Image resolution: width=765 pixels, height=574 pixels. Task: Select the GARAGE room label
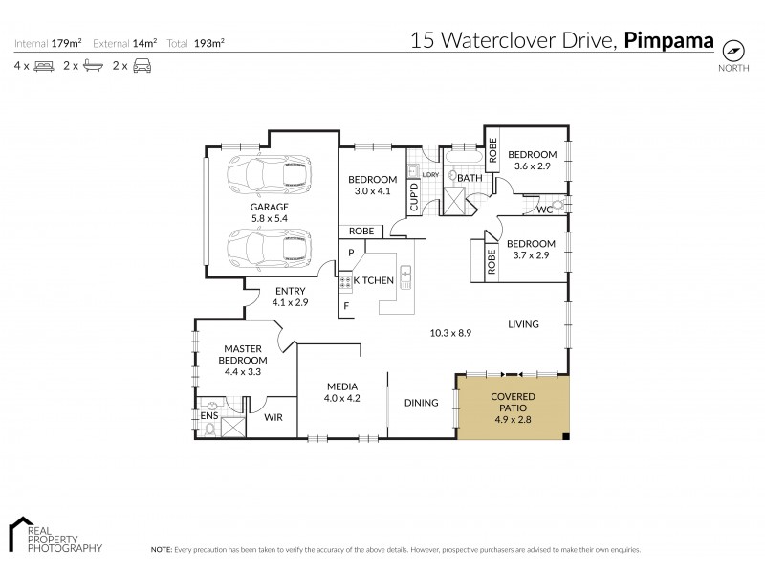(x=270, y=206)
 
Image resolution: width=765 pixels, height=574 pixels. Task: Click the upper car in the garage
(x=268, y=176)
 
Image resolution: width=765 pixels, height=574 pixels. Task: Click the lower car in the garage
(x=268, y=248)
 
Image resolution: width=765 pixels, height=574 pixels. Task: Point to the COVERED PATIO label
(x=513, y=402)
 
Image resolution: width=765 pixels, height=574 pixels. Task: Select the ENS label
(x=208, y=417)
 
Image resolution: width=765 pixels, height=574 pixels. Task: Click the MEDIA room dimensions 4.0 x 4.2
(x=341, y=399)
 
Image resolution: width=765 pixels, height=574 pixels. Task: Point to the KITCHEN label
(x=374, y=280)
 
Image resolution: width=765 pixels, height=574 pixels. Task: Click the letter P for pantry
(x=351, y=253)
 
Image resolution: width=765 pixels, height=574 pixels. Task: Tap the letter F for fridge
(x=348, y=306)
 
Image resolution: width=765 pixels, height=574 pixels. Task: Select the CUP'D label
(x=414, y=197)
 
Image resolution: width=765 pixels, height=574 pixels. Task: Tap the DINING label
(x=421, y=403)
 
